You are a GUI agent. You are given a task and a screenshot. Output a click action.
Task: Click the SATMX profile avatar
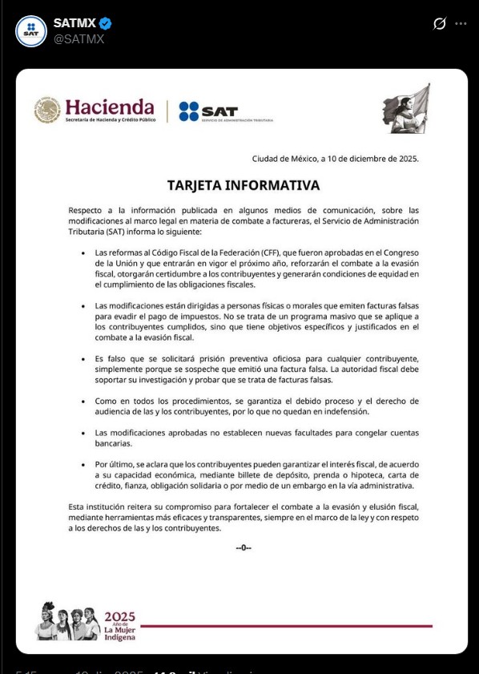click(x=31, y=30)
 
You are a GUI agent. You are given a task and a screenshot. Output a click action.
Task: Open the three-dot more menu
click(x=461, y=24)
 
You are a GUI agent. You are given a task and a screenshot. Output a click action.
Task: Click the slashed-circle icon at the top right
click(x=439, y=24)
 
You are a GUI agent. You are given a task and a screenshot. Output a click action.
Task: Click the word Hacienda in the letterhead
click(x=110, y=107)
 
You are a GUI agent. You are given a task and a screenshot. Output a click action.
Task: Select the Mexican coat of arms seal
click(x=47, y=111)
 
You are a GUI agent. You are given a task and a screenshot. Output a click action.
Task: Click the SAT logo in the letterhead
click(x=207, y=111)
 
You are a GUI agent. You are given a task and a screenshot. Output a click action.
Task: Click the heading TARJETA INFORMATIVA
click(x=243, y=185)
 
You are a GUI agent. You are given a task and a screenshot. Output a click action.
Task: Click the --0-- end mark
click(x=244, y=547)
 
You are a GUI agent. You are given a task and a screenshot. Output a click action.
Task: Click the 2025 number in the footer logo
click(x=120, y=617)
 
